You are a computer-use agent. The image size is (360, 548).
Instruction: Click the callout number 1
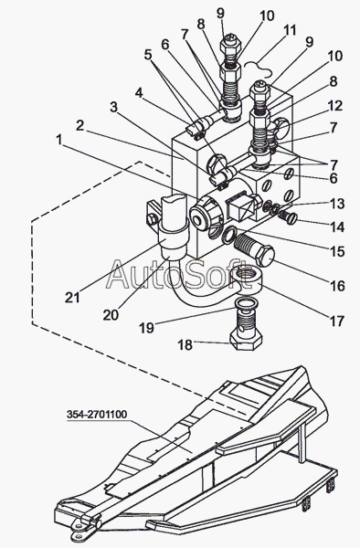(59, 140)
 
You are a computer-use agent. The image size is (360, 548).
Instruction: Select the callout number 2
(80, 125)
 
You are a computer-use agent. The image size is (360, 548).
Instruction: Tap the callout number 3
(113, 107)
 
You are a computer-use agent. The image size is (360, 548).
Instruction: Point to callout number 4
(139, 93)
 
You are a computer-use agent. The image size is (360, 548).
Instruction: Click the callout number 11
(289, 30)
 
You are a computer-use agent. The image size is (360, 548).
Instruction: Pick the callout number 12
(335, 106)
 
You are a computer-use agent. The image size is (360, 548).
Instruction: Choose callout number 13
(337, 204)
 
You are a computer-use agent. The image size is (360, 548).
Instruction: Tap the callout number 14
(337, 227)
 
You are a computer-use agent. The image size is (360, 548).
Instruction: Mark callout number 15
(337, 252)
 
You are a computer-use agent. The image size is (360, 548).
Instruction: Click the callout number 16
(337, 286)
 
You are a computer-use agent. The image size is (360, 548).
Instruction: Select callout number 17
(336, 321)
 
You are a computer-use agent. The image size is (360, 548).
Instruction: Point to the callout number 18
(185, 345)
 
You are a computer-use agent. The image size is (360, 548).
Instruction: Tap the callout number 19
(146, 328)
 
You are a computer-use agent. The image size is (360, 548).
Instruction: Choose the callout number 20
(111, 315)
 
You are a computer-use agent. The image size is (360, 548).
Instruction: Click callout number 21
(72, 298)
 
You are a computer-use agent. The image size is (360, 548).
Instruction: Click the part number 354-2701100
(97, 415)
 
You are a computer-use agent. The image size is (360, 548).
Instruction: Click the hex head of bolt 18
(245, 340)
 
